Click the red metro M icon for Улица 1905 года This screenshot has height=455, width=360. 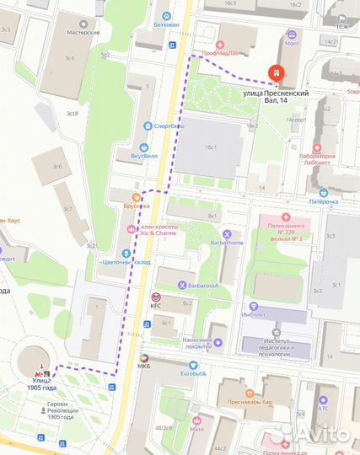click(x=38, y=373)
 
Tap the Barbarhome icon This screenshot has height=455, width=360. click(x=227, y=233)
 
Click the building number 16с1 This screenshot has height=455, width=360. click(x=207, y=148)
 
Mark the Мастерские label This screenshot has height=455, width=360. click(x=84, y=32)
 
